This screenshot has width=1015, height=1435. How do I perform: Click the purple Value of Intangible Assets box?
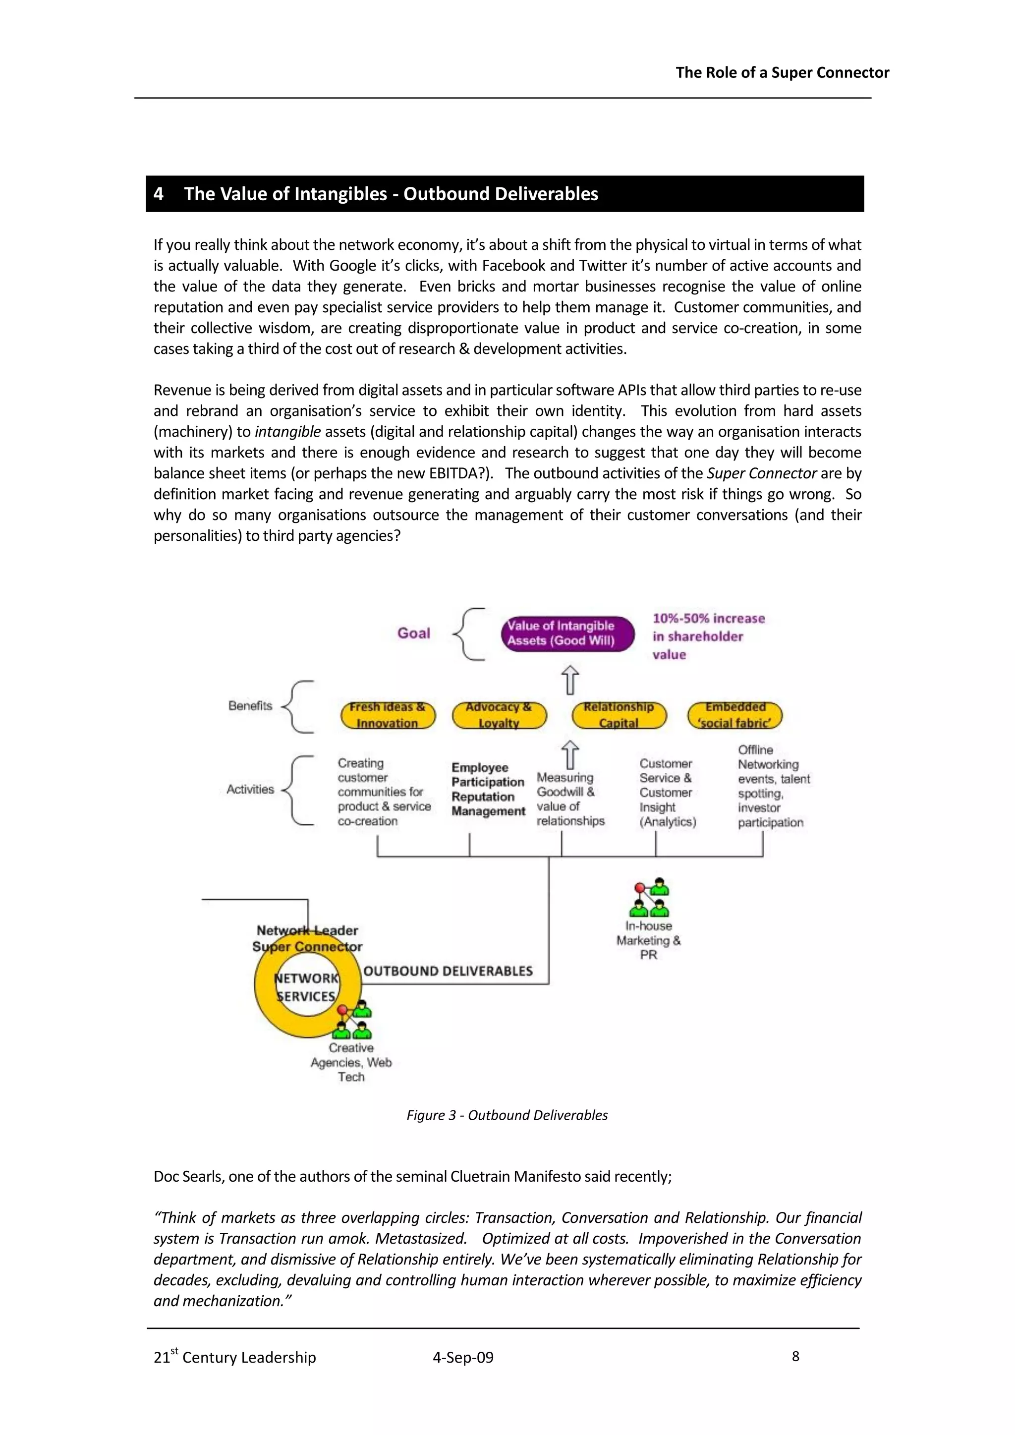[x=567, y=633]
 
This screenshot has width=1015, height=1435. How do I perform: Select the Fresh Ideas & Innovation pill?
[x=388, y=715]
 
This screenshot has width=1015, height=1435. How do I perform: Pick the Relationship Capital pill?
[x=619, y=715]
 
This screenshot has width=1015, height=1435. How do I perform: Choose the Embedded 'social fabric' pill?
[x=734, y=715]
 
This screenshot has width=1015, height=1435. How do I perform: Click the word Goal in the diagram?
[x=414, y=633]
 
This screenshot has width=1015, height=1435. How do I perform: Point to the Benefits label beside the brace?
[x=250, y=706]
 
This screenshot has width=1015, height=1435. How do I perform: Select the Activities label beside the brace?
[x=250, y=790]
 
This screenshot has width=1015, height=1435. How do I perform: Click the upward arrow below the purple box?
[x=569, y=680]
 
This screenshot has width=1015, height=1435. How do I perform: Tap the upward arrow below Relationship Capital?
[x=569, y=755]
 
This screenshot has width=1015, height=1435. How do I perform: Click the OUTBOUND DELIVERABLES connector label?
[x=448, y=971]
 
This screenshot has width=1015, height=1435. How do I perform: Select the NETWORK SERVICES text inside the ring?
[x=307, y=987]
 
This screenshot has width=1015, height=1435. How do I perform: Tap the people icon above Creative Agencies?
[x=354, y=1021]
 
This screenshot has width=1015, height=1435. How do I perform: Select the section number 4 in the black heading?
[x=159, y=194]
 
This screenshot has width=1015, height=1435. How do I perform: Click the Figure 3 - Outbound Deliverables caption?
[x=507, y=1115]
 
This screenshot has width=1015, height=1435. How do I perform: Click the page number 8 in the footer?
[x=795, y=1356]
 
